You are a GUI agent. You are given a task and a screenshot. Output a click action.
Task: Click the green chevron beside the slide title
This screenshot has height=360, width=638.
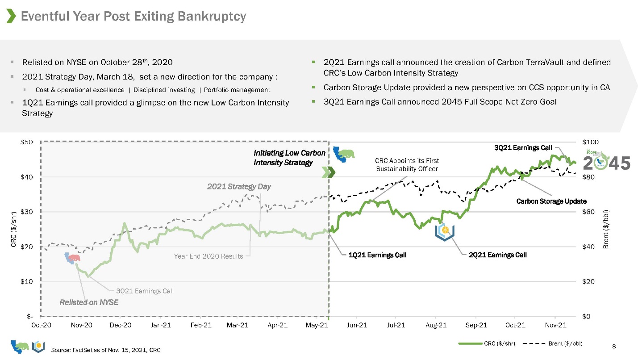coord(11,16)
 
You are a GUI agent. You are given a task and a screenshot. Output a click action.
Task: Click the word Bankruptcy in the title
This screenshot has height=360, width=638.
coord(212,16)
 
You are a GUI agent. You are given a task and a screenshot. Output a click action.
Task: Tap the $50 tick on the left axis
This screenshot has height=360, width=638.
coord(26,142)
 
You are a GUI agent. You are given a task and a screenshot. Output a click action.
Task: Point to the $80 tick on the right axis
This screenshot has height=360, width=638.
coord(588,177)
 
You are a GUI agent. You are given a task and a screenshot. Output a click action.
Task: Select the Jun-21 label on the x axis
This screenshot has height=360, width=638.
coord(357,325)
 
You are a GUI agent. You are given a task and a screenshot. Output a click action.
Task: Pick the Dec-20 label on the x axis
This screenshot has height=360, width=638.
coord(121,325)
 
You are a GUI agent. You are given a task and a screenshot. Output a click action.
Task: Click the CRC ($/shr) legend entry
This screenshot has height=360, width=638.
coord(487,343)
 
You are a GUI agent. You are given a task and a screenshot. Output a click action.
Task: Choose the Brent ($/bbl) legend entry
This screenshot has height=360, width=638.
coord(553,343)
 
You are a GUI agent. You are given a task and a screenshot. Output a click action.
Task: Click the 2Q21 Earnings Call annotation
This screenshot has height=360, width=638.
coord(497,255)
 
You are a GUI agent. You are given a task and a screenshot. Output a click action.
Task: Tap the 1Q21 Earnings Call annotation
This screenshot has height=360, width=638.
coord(377,255)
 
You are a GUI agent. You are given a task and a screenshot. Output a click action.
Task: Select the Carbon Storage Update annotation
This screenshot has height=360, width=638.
coord(551,201)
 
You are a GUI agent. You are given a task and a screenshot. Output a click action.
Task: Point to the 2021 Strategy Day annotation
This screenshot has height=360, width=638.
coord(239,186)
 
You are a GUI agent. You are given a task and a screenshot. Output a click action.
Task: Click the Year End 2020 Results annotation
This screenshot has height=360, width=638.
coord(208,256)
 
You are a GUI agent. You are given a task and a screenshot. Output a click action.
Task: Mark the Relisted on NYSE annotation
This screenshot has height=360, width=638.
coord(89,302)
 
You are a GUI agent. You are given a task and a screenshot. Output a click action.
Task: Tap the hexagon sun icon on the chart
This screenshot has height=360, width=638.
coord(445,232)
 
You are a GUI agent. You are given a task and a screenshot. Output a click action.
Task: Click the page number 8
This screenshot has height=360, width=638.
coord(614,347)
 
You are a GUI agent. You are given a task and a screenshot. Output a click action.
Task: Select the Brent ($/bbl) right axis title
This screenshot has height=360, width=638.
coord(606,229)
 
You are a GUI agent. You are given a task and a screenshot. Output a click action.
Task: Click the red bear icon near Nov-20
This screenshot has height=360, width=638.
coord(75,258)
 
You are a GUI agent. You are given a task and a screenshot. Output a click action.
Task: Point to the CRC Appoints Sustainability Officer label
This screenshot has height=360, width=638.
coord(407,165)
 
